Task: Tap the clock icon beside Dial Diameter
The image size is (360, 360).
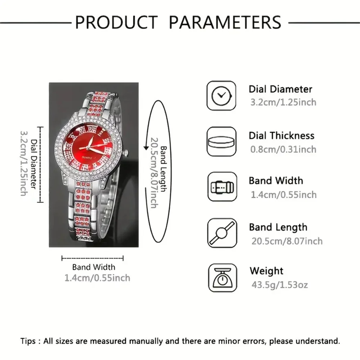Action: pos(221,95)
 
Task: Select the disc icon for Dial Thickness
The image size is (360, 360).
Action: pos(221,141)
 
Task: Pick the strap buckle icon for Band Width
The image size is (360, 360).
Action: pos(221,187)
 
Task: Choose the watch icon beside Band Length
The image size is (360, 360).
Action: pos(221,233)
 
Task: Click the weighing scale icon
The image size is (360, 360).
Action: pos(221,278)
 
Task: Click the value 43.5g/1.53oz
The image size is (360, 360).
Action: pos(279,285)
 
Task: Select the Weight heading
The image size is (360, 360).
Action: pos(266,271)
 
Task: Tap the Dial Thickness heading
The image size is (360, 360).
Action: pos(282,136)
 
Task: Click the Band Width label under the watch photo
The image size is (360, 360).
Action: pos(94,267)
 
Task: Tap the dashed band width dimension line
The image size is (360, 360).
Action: pos(93,258)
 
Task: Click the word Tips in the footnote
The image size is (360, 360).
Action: pos(28,341)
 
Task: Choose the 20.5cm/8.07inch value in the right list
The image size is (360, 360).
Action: pos(287,241)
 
